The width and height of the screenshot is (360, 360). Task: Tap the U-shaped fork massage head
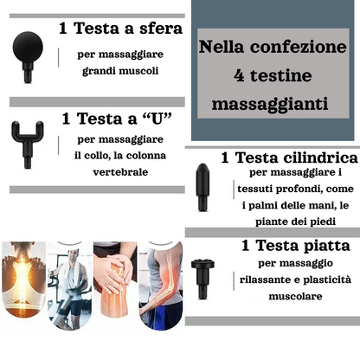[x=28, y=141]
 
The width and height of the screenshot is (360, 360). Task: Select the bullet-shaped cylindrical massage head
[x=202, y=187]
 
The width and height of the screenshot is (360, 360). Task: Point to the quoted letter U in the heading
[x=157, y=119]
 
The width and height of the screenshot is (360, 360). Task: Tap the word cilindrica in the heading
[x=320, y=157]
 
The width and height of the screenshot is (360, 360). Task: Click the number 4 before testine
[x=239, y=75]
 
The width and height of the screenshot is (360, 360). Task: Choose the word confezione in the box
[x=299, y=47]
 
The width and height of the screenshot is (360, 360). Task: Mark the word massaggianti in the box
[x=270, y=104]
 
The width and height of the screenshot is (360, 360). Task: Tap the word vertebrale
[x=120, y=172]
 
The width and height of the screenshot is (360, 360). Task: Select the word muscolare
[x=295, y=296]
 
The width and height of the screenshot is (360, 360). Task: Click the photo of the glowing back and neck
[x=23, y=280]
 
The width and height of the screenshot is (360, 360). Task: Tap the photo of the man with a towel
[x=69, y=286]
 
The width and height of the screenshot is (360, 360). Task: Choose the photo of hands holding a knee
[x=115, y=280]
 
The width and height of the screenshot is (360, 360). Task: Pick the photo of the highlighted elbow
[x=161, y=286]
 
